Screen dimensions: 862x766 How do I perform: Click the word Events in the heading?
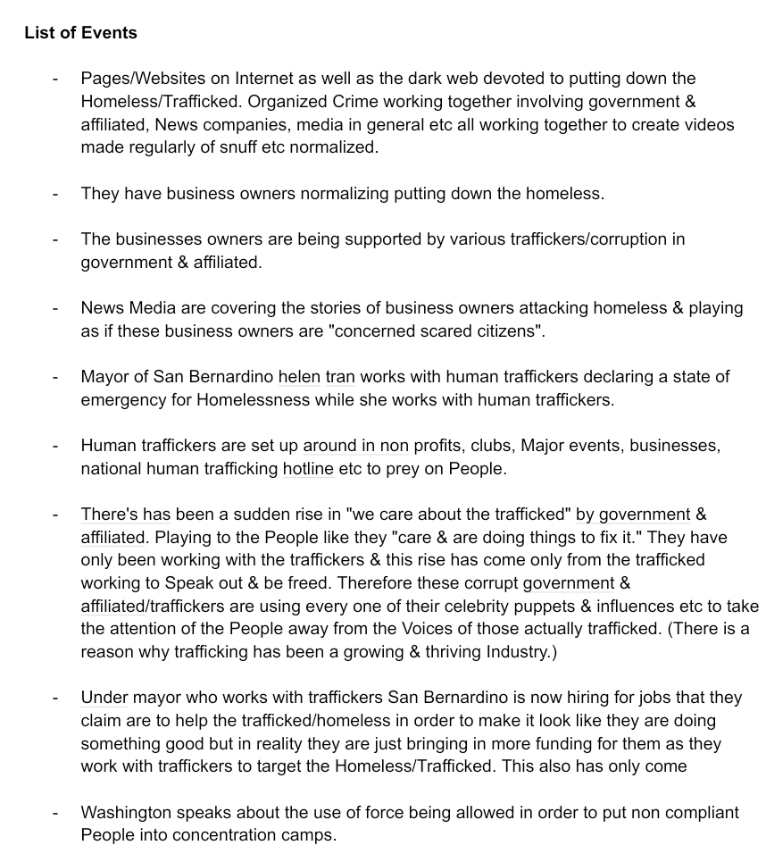pos(109,33)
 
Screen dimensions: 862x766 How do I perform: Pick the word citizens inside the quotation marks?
pos(504,331)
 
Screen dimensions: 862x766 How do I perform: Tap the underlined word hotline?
pos(308,469)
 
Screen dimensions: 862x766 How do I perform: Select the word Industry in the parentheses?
pos(519,652)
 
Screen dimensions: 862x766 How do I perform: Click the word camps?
pos(308,836)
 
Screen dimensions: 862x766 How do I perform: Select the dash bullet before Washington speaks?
pos(56,813)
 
